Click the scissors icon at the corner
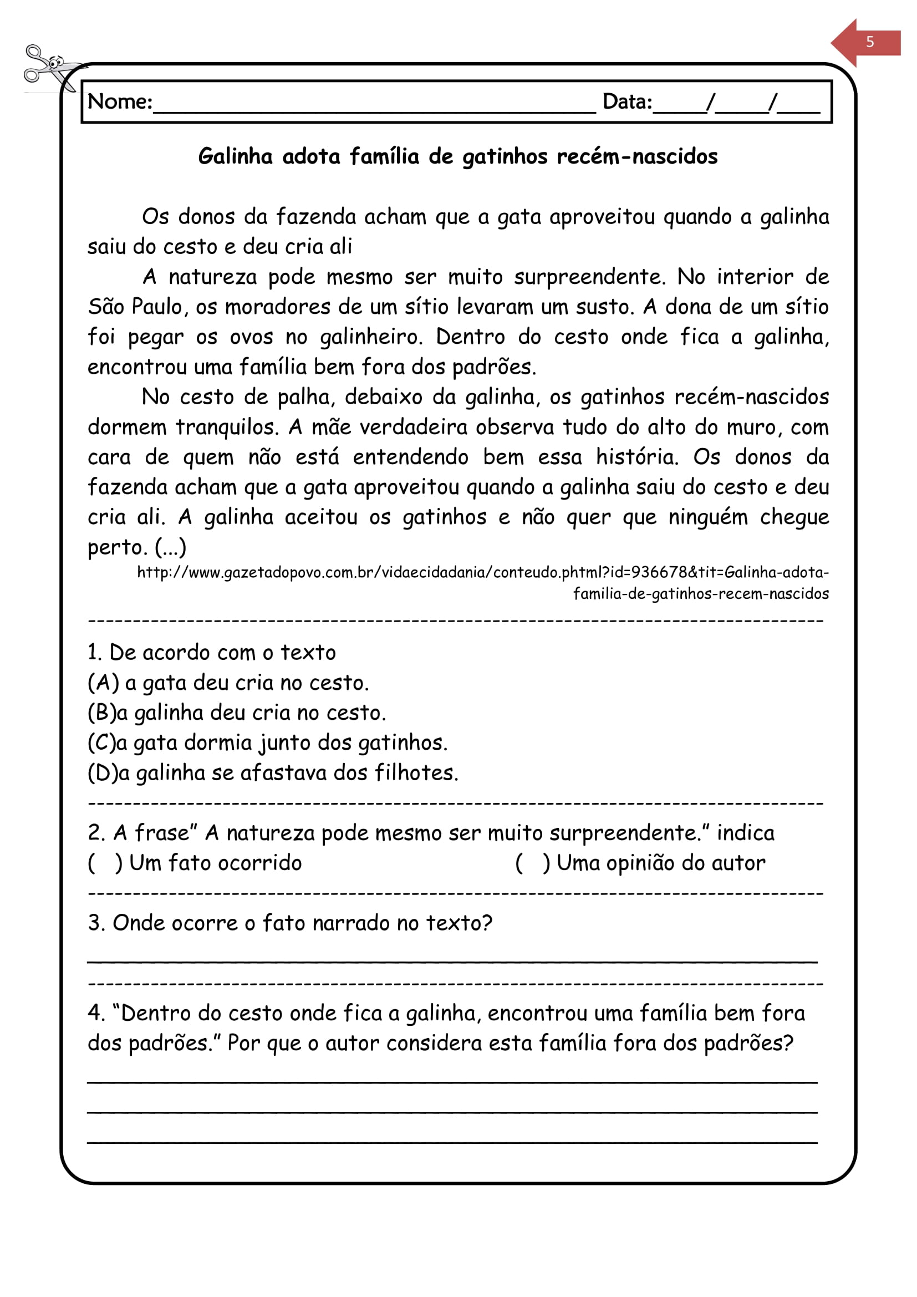tap(50, 67)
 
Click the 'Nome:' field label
tap(120, 101)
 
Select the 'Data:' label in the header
tap(627, 101)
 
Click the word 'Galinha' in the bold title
tap(236, 156)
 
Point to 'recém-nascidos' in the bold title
tap(637, 156)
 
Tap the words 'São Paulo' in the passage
tap(135, 307)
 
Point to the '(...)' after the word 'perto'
tap(171, 547)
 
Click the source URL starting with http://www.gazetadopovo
tap(483, 573)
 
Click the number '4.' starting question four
tap(96, 1014)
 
